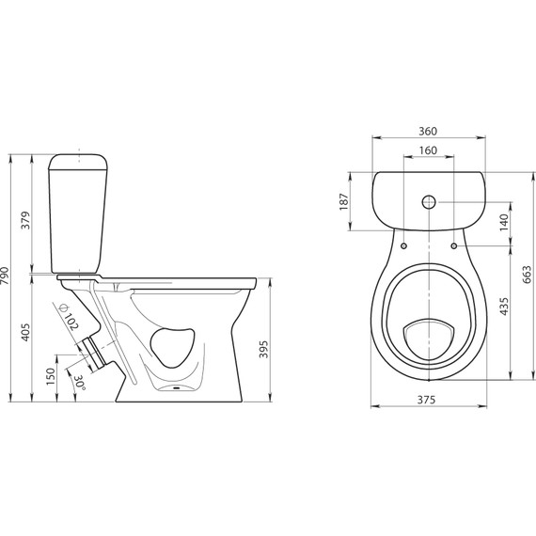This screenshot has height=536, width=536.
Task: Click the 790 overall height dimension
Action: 6,276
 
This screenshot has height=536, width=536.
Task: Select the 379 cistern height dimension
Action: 26,220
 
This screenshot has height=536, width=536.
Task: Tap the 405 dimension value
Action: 26,332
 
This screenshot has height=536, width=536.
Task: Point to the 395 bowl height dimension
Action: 263,349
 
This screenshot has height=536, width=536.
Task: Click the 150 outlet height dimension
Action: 50,376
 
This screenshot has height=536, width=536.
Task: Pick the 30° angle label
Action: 80,382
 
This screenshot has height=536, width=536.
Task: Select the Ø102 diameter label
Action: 69,317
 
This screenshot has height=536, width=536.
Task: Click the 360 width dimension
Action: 428,131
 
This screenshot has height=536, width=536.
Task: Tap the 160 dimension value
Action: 428,150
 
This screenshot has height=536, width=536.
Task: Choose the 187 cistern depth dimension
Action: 344,201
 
